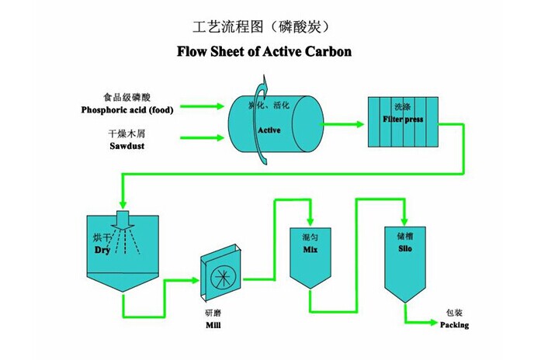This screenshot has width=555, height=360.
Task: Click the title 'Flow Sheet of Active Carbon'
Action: coord(265,53)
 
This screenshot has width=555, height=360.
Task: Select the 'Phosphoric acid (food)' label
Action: coord(127,109)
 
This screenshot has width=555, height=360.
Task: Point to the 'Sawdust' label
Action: coord(127,145)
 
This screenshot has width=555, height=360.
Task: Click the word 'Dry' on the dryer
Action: coord(102,251)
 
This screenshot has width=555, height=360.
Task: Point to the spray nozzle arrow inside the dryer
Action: coord(121,220)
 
